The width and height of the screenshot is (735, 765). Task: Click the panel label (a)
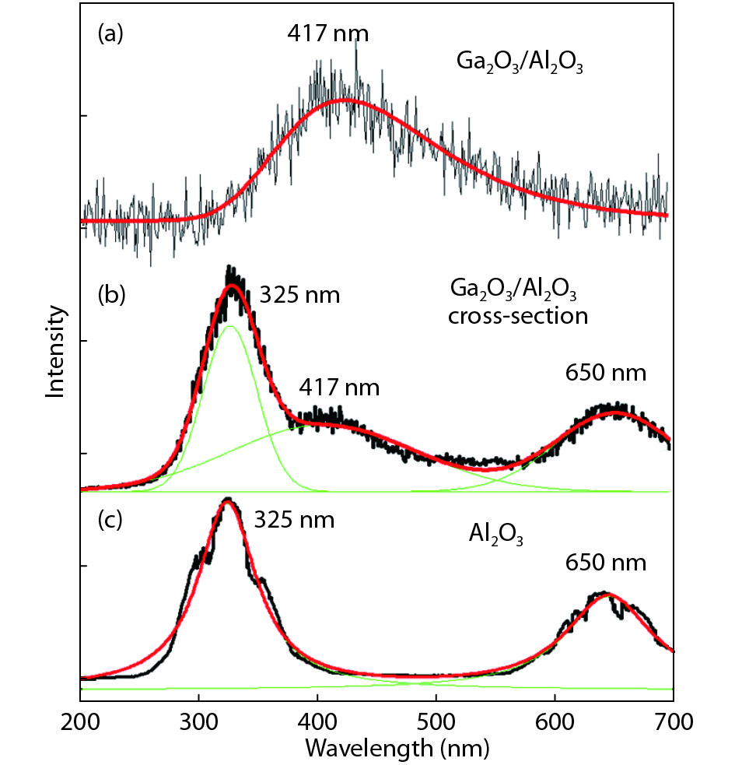110,34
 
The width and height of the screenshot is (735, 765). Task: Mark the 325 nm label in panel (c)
295,520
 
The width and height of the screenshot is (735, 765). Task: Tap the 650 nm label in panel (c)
606,562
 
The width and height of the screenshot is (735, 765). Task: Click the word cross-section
520,317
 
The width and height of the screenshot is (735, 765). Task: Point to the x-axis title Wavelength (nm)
397,749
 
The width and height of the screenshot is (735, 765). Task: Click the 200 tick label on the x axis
81,721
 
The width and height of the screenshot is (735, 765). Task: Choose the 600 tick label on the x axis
555,721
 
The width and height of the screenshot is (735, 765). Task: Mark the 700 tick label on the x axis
673,721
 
